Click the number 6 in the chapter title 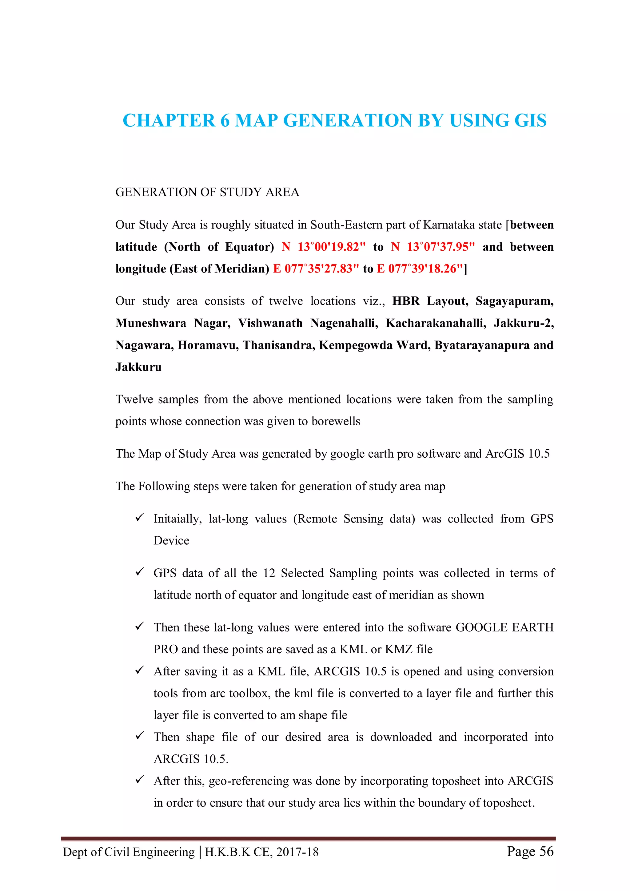tap(225, 120)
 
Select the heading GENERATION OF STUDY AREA tap(207, 192)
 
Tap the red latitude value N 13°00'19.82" tap(323, 247)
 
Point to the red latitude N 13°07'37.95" tap(433, 247)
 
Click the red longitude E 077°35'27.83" tap(316, 268)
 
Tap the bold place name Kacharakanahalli tap(436, 323)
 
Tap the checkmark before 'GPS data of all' tap(139, 572)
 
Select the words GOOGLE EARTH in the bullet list tap(504, 627)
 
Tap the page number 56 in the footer tap(546, 851)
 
